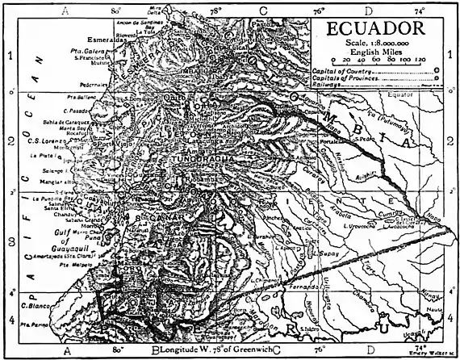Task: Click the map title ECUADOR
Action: [x=382, y=31]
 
